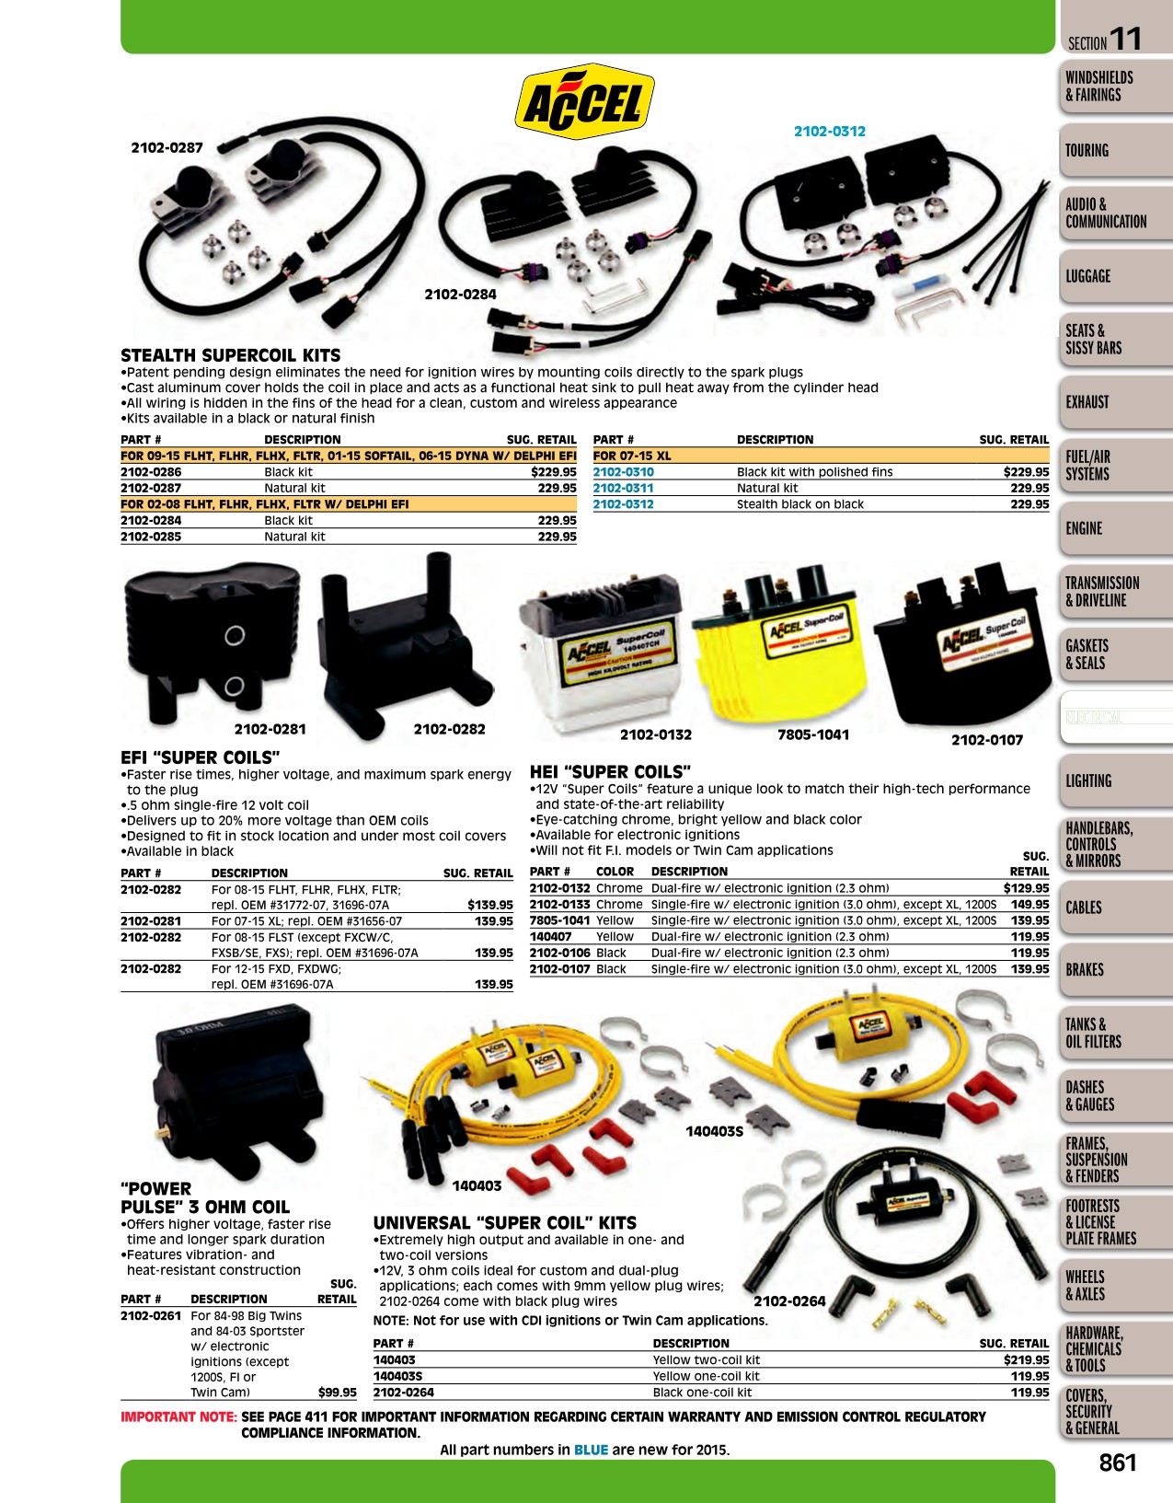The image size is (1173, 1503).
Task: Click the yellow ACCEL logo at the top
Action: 585,101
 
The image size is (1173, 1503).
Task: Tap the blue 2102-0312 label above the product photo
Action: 830,132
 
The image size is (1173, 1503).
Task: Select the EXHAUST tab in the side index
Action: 1087,402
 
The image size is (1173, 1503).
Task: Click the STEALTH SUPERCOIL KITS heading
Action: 230,355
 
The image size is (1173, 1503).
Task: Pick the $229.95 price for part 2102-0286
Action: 554,472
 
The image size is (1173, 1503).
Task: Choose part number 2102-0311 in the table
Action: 623,488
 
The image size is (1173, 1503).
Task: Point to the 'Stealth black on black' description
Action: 799,504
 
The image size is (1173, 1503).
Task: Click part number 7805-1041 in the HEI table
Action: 560,920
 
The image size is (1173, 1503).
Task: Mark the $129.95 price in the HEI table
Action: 1027,888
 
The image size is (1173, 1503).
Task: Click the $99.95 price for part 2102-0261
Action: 338,1393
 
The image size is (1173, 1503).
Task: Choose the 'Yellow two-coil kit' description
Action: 706,1359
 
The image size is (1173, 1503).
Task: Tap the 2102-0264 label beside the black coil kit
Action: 789,1301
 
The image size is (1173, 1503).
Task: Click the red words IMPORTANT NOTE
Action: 179,1416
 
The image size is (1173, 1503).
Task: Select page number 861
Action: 1118,1463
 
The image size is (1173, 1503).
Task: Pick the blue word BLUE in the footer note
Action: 591,1450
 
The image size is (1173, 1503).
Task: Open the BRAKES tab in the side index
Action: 1085,970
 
